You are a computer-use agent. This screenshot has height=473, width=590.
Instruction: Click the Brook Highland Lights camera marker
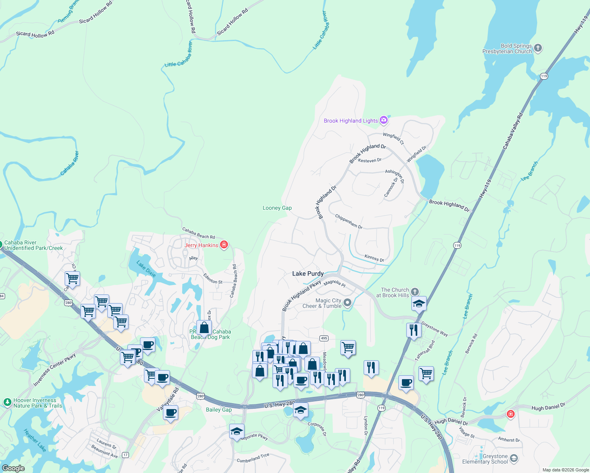(x=384, y=121)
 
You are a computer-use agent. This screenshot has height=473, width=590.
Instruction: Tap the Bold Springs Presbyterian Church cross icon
(x=538, y=48)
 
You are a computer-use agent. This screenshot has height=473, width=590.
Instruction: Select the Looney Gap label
(x=277, y=208)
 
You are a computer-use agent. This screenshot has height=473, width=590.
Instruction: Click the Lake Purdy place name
(x=308, y=274)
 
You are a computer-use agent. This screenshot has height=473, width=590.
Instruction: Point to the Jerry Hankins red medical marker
(x=224, y=245)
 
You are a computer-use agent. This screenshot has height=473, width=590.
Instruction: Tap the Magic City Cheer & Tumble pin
(x=347, y=303)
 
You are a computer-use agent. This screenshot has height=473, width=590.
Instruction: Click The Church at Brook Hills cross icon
(x=415, y=292)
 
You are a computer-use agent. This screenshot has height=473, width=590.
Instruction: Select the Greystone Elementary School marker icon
(x=513, y=458)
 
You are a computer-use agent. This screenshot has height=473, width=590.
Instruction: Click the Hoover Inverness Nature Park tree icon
(x=7, y=402)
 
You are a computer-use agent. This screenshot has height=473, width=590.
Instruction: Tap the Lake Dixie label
(x=146, y=269)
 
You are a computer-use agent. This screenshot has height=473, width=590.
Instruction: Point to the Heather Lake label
(x=35, y=440)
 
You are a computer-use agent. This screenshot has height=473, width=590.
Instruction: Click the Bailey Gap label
(x=219, y=410)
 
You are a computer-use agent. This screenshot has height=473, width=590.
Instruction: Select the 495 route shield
(x=324, y=338)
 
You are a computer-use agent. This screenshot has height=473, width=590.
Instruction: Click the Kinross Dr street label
(x=374, y=258)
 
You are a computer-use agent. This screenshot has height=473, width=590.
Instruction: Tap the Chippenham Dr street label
(x=349, y=222)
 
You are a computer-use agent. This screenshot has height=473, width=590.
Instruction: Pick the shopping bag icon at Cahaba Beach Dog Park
(x=204, y=328)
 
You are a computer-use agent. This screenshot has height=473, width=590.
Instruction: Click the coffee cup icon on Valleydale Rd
(x=170, y=413)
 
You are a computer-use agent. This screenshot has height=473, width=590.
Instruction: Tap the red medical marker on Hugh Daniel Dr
(x=511, y=414)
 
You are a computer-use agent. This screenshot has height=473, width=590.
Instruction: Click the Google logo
(x=13, y=468)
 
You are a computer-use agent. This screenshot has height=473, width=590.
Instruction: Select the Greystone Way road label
(x=435, y=329)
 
